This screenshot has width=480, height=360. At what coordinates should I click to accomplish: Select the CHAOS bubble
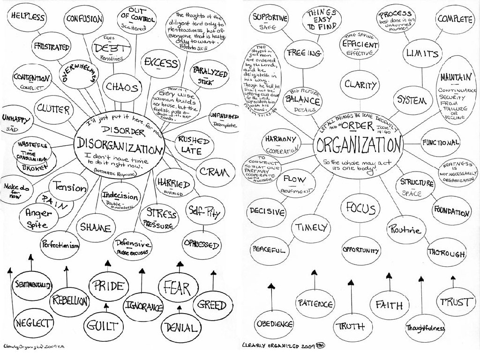coord(121,87)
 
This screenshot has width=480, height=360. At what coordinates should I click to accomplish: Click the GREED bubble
coord(212,305)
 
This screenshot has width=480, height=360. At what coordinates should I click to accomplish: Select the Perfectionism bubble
coord(60,246)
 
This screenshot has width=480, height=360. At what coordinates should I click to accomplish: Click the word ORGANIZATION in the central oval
coord(359,144)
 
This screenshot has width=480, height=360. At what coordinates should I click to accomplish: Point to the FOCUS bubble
coord(360,208)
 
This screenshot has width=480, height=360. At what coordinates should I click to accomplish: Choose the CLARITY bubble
coord(360,85)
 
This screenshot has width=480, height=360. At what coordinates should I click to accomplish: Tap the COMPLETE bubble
coord(454,19)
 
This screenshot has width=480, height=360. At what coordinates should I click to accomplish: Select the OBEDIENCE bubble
coord(274,324)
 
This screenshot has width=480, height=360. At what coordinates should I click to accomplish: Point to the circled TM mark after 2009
coord(321,345)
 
